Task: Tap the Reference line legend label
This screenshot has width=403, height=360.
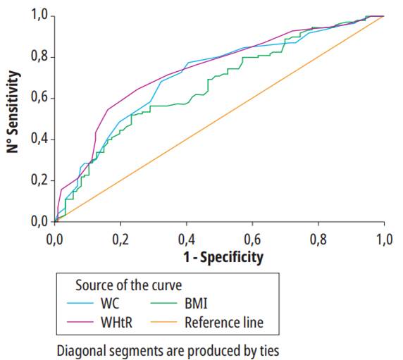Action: click(x=223, y=323)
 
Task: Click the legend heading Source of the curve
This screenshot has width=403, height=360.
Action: click(x=129, y=285)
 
